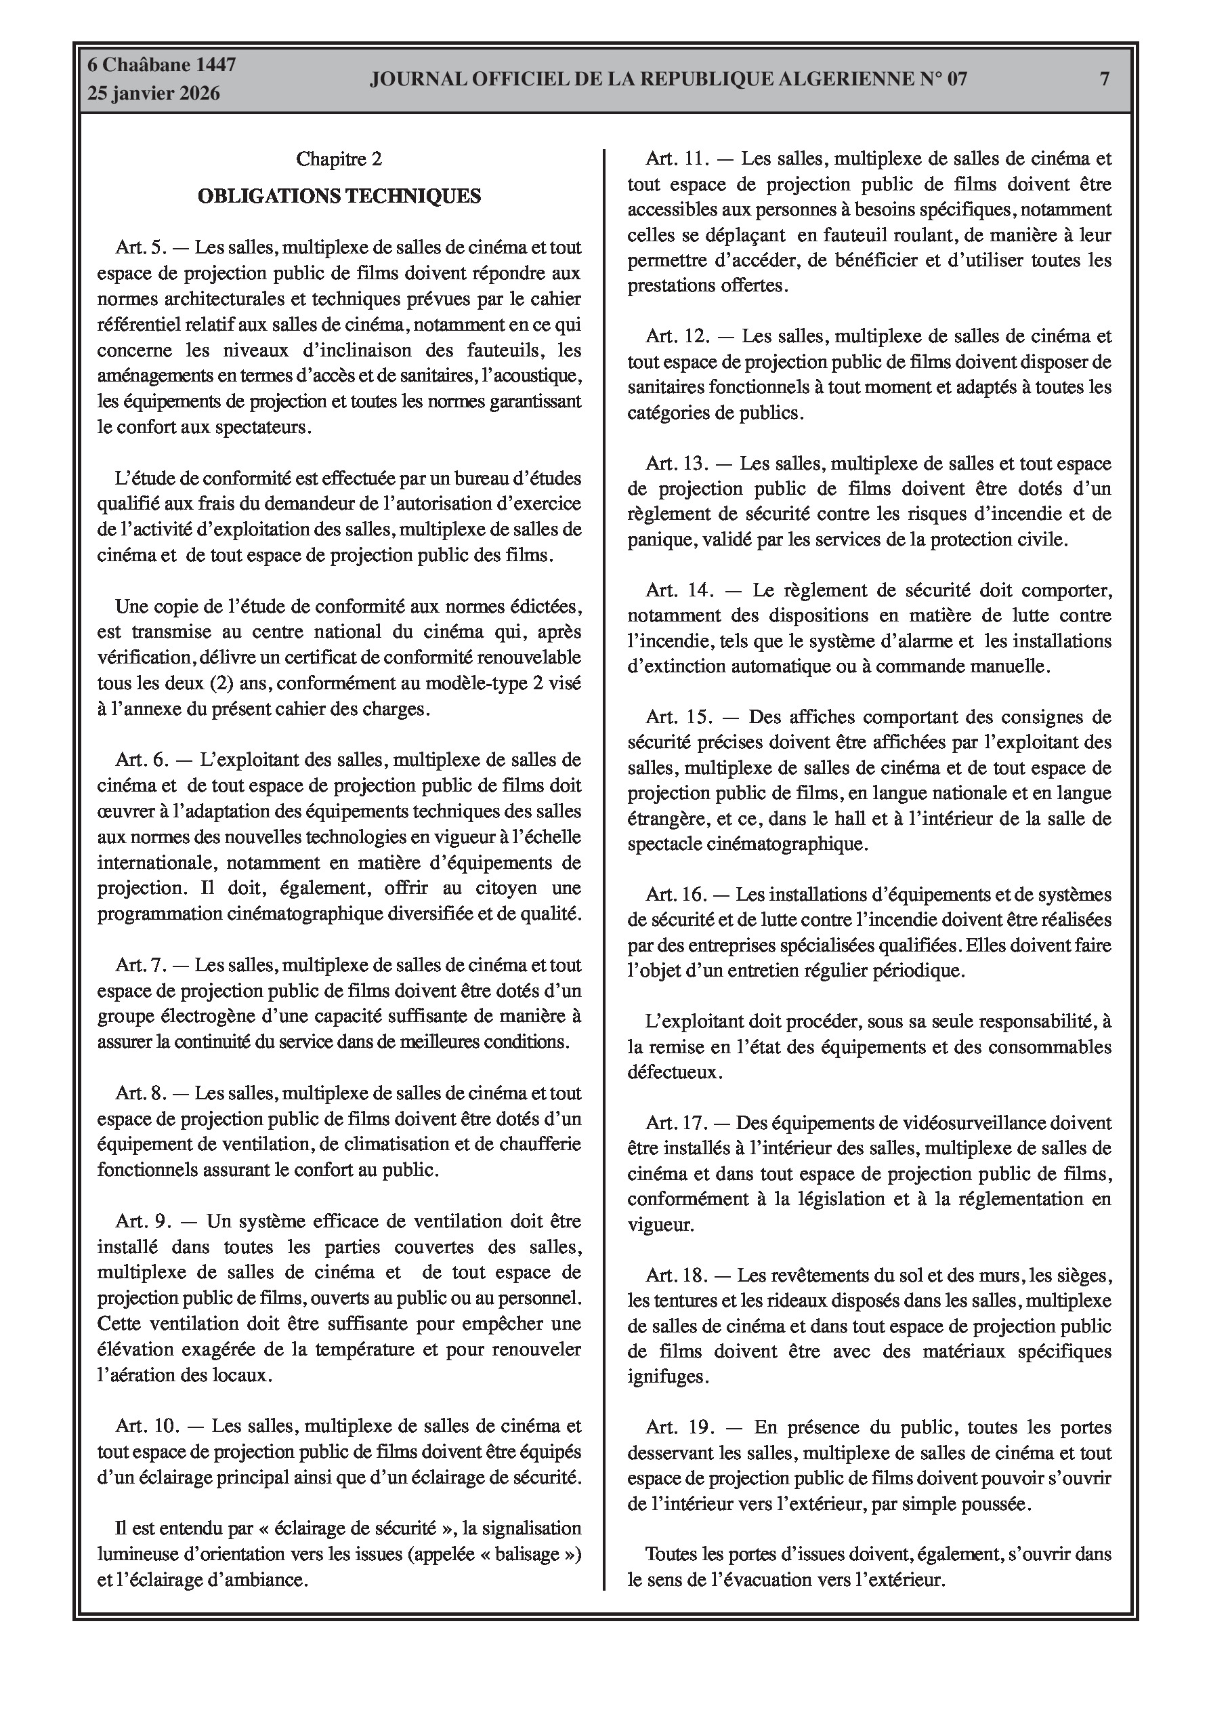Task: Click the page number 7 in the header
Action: [1105, 79]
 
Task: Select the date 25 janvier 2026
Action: [154, 94]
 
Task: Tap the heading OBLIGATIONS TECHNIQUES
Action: [339, 196]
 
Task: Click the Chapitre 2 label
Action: [339, 159]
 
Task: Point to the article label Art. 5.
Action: [140, 247]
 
